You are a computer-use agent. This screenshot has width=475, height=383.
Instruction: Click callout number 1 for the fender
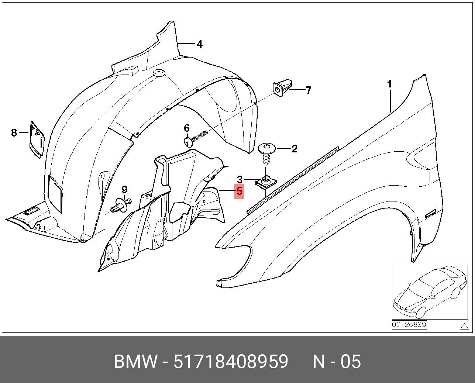click(x=389, y=84)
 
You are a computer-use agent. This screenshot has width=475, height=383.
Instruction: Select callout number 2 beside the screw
click(x=294, y=149)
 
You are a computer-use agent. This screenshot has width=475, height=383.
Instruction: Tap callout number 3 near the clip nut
click(x=240, y=180)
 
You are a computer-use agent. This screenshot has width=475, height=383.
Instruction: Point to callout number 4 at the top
click(x=199, y=44)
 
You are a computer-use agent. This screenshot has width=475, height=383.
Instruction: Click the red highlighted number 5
click(x=239, y=191)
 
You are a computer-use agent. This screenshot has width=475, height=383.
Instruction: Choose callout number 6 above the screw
click(x=187, y=128)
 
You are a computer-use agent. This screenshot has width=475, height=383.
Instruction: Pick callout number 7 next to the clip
click(x=309, y=90)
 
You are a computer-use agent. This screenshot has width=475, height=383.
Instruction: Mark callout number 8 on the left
click(x=14, y=132)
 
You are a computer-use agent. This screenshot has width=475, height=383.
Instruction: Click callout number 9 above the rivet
click(x=125, y=190)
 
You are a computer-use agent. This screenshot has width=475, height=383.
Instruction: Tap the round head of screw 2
click(x=266, y=148)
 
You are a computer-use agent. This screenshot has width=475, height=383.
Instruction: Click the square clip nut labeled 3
click(x=266, y=182)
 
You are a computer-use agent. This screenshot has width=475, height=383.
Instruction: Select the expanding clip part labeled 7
click(x=282, y=87)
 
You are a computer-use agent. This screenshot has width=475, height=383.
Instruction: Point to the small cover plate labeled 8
click(x=37, y=139)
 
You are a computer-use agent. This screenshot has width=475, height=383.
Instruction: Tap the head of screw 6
click(x=187, y=141)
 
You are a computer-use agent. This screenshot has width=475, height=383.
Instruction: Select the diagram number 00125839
click(x=409, y=325)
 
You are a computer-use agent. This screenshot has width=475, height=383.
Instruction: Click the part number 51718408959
click(x=231, y=362)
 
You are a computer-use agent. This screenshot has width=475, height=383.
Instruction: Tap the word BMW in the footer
click(x=135, y=362)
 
